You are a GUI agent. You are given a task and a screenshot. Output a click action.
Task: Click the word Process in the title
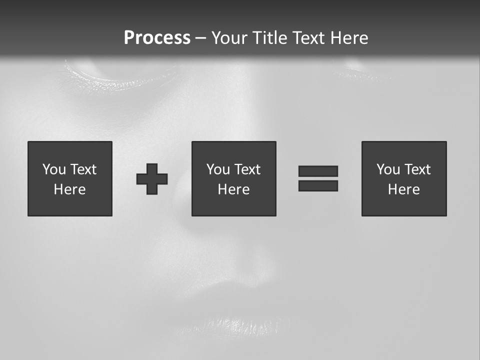tap(157, 38)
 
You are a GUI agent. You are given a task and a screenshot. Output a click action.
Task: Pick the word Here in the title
tap(350, 38)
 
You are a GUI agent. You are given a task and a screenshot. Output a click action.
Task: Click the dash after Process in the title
tap(200, 38)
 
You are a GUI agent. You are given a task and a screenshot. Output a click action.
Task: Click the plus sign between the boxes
tap(152, 179)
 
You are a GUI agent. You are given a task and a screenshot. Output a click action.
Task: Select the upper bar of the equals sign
tap(318, 171)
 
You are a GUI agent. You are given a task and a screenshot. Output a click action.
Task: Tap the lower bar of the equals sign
tap(318, 186)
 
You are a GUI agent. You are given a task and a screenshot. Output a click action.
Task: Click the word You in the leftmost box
tap(54, 169)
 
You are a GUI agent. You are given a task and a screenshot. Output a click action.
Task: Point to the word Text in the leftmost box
tap(83, 169)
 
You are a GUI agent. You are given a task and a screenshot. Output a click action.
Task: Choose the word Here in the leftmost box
tap(69, 189)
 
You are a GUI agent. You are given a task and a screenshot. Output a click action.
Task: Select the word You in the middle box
tap(218, 169)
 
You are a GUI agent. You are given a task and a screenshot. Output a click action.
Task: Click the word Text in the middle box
tap(247, 169)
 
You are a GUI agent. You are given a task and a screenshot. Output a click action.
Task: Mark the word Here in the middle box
tap(233, 189)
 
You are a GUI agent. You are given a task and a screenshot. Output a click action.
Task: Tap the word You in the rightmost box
tap(388, 169)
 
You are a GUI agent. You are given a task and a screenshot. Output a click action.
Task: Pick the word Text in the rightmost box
tap(417, 169)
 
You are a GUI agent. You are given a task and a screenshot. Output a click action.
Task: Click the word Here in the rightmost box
tap(403, 189)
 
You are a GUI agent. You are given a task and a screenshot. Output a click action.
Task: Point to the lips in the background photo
tap(235, 310)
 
